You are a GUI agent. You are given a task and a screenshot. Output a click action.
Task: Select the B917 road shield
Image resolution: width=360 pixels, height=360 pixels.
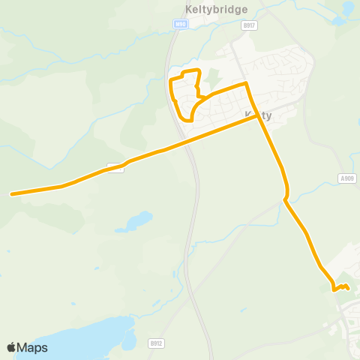(249, 25)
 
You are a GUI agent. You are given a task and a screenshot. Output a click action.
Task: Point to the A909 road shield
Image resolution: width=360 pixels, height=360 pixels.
(346, 178)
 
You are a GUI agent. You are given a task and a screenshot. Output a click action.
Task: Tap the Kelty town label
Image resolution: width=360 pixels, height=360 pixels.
(257, 115)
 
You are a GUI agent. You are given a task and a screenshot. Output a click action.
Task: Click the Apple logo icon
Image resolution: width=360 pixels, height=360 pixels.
(10, 347)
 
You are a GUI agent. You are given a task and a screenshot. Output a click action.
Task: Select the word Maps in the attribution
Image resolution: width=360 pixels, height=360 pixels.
(32, 347)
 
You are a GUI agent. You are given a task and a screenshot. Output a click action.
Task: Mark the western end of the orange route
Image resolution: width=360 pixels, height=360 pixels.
(12, 194)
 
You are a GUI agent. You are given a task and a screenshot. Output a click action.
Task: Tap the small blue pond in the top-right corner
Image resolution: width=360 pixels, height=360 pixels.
(348, 8)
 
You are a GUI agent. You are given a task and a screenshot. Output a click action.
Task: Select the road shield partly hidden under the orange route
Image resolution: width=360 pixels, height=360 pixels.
(115, 166)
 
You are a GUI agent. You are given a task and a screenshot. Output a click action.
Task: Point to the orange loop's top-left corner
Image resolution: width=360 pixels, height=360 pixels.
(172, 79)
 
